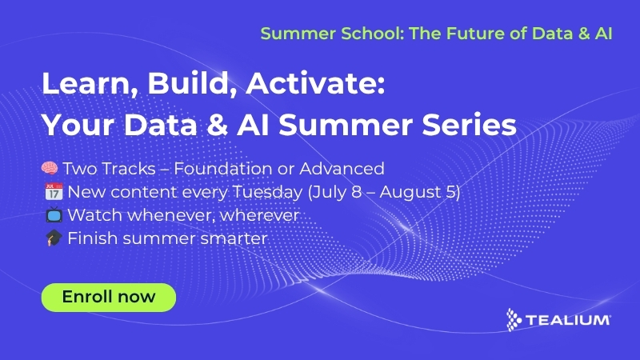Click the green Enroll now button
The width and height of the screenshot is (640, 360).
click(108, 297)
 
